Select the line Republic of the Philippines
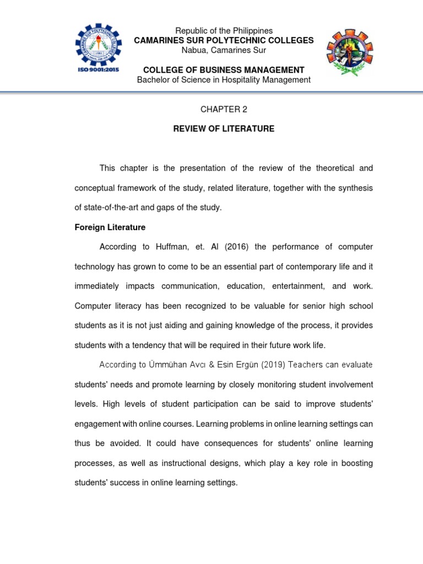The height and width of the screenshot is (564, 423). coord(224,31)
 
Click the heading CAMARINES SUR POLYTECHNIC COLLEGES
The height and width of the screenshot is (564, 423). coord(224,40)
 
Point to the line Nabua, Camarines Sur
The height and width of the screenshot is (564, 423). coord(224,50)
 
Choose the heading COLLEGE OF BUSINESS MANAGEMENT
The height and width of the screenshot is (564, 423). coord(224,70)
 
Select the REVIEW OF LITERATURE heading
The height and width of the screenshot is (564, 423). coord(224,129)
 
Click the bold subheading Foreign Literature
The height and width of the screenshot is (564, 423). coord(110,227)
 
